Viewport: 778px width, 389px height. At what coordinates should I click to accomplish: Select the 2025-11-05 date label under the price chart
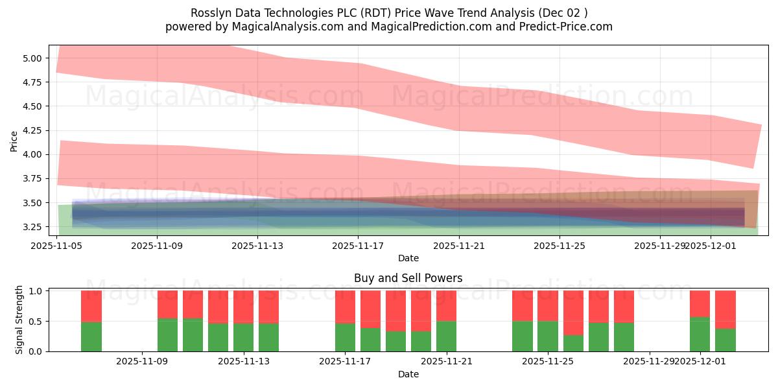[x=57, y=246]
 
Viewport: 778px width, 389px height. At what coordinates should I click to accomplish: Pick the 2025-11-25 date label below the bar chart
[x=548, y=362]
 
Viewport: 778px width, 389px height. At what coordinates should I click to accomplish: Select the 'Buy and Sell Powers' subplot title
[x=408, y=278]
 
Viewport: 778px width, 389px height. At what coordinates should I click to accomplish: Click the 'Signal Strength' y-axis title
[x=19, y=320]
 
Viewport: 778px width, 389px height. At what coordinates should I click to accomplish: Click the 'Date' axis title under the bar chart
[x=408, y=374]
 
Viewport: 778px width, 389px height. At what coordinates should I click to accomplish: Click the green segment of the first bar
[x=91, y=336]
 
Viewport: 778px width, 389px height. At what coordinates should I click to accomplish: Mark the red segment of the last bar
[x=725, y=309]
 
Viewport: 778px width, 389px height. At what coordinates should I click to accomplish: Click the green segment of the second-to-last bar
[x=700, y=334]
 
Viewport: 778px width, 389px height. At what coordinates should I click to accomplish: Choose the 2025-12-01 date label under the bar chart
[x=700, y=362]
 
